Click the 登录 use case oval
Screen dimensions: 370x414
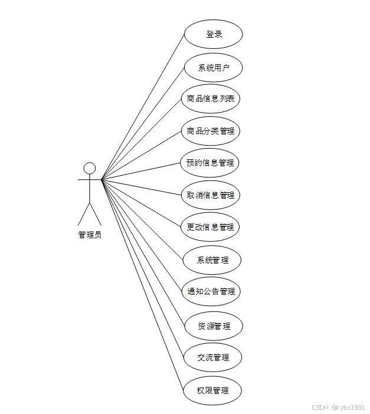213,34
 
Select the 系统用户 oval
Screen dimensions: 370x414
213,67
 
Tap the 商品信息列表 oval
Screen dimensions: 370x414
211,98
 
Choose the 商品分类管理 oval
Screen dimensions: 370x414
211,131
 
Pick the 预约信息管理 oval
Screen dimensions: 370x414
210,163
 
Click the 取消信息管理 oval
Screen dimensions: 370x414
211,195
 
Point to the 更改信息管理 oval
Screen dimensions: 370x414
210,227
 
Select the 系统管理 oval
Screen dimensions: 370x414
212,259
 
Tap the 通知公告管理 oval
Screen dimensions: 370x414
211,291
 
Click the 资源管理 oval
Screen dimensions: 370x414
213,326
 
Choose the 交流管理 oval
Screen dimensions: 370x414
213,357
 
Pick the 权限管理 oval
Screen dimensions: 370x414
212,390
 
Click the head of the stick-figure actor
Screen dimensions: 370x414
90,168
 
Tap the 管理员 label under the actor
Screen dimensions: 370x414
90,235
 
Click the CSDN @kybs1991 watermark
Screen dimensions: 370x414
338,407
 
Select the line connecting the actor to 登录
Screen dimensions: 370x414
143,107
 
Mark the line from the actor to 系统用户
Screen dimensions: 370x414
143,123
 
